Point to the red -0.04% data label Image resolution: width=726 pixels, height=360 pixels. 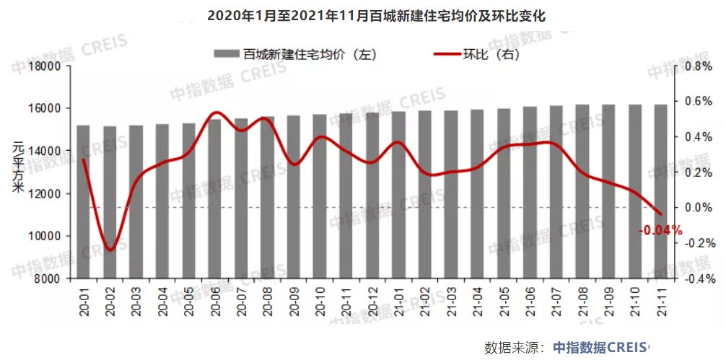pos(660,231)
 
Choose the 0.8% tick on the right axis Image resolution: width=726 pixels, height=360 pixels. pos(697,66)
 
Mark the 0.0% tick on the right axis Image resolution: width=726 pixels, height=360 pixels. pos(697,208)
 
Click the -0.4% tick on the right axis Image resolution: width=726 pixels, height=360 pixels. pos(696,278)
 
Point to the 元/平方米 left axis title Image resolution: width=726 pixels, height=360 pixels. pos(18,169)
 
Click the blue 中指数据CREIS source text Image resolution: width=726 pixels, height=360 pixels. pos(600,347)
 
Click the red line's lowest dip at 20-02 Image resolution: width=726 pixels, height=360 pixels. pos(110,250)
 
